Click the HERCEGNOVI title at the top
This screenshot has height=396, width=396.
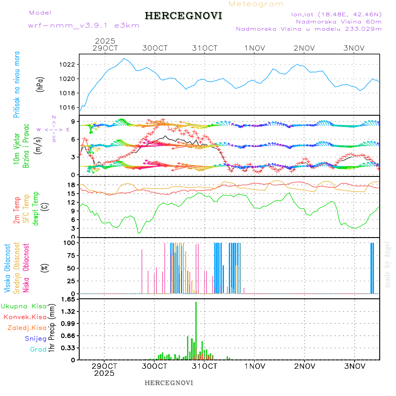183,16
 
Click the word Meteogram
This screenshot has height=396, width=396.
256,4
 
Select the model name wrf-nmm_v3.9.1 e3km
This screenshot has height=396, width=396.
84,25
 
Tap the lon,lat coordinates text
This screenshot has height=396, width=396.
336,14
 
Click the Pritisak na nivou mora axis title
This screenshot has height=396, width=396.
17,84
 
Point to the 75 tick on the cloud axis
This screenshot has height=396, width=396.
70,255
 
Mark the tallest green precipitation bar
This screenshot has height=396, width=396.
196,330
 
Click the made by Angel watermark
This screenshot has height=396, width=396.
388,264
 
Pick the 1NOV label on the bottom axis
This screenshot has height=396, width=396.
254,366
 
